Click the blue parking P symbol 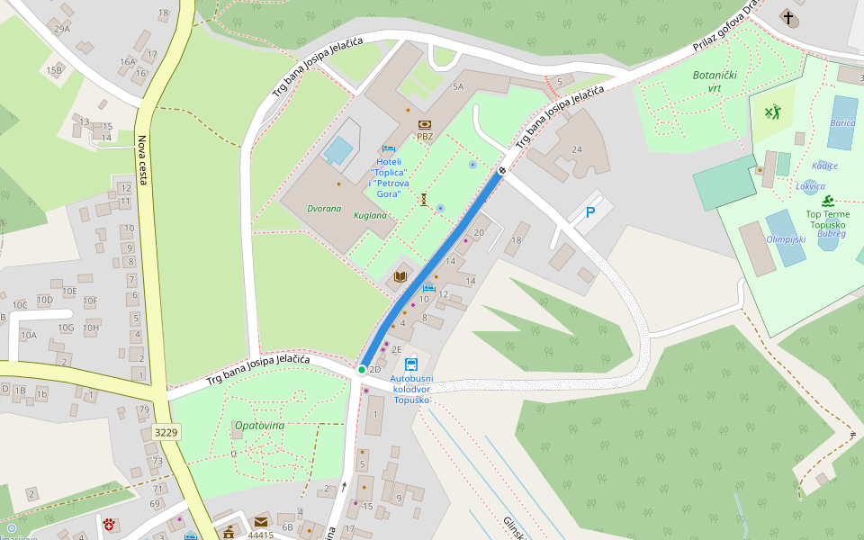tap(590, 213)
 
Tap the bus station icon tap(411, 364)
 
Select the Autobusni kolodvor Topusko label tap(411, 389)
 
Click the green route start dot tap(362, 370)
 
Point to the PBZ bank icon tap(425, 124)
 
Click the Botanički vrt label tap(715, 81)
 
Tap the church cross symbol tap(788, 18)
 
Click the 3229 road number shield tap(166, 433)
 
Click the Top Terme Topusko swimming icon tap(827, 201)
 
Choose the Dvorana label tap(324, 209)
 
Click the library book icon tap(400, 277)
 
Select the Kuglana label tap(370, 216)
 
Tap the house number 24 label tap(577, 149)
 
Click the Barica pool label tap(842, 123)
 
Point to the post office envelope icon tap(261, 521)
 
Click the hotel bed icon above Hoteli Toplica tap(389, 148)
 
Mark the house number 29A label tap(61, 29)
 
